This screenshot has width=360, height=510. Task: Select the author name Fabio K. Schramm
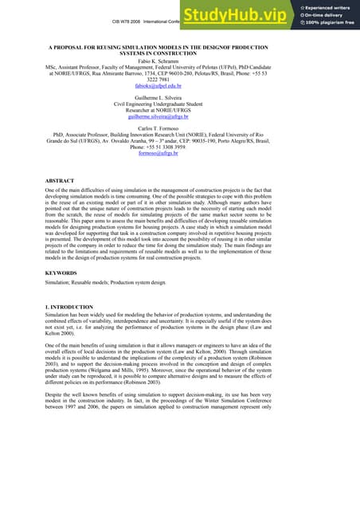tap(179, 61)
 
